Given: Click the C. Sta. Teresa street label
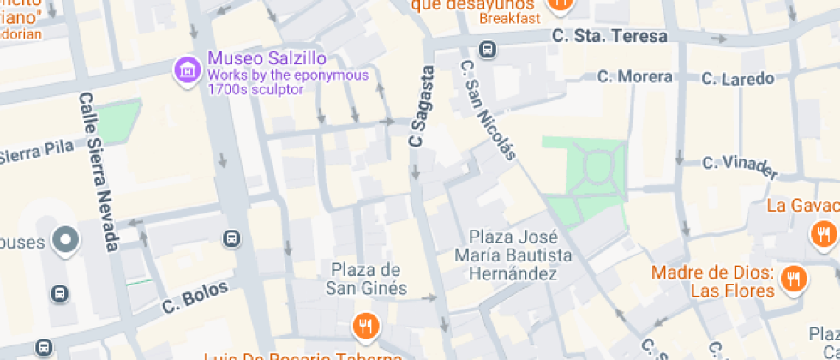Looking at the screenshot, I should tap(609, 37).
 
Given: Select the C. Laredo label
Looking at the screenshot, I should tap(737, 79).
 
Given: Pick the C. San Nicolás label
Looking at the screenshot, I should tap(489, 110).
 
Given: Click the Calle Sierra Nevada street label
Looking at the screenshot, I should tap(99, 171).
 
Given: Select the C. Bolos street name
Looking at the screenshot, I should tap(195, 297).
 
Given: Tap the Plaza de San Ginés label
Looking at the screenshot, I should tap(366, 279).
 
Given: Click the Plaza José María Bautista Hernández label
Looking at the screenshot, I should tap(513, 255).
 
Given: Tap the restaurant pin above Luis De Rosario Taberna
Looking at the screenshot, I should tap(365, 326).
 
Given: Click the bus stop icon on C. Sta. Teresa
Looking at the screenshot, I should tap(488, 50).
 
